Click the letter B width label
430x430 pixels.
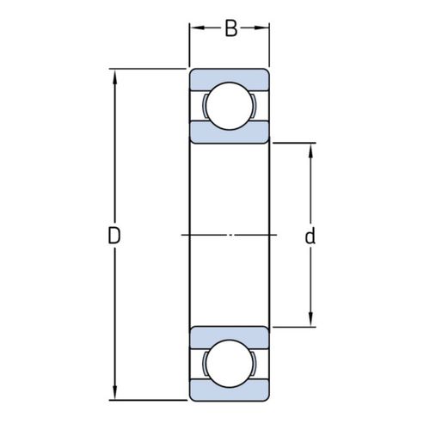click(x=231, y=28)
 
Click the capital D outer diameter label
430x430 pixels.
click(x=114, y=236)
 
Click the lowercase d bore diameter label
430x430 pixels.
click(x=310, y=236)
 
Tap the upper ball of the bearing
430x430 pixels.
click(x=230, y=106)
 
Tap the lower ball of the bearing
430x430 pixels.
click(x=230, y=364)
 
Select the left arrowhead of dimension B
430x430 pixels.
click(x=197, y=28)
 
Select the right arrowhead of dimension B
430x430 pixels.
click(x=261, y=28)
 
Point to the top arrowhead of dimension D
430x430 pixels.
click(x=115, y=77)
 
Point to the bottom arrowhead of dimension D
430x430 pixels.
click(x=115, y=392)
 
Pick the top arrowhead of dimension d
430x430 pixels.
click(x=310, y=150)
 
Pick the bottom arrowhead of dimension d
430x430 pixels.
click(x=310, y=319)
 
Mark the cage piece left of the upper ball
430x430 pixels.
click(x=205, y=106)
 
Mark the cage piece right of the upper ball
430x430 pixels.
click(x=255, y=106)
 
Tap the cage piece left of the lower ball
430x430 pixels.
click(x=205, y=364)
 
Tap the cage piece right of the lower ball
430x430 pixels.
click(x=255, y=364)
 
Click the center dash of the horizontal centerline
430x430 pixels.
click(x=230, y=235)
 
